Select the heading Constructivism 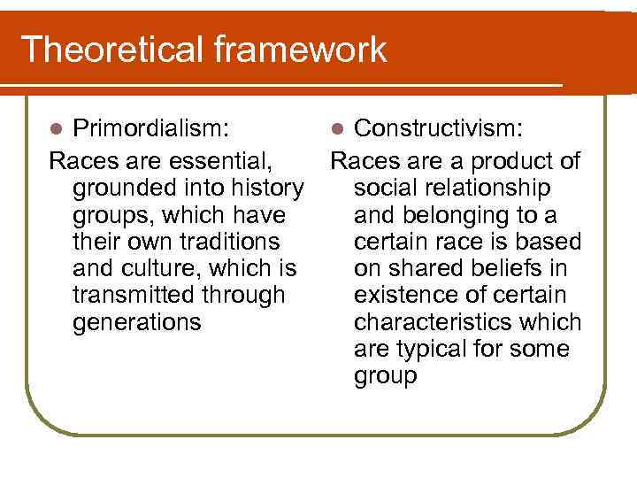click(438, 130)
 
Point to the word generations click(137, 321)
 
